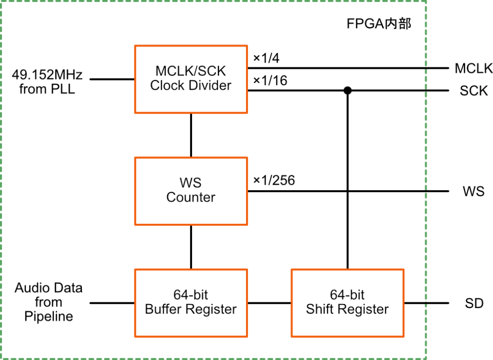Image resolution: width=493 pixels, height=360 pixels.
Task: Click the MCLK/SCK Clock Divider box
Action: (x=191, y=79)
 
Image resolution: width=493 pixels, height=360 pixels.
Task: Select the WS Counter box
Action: (x=191, y=191)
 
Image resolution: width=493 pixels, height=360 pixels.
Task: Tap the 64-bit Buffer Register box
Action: (x=191, y=302)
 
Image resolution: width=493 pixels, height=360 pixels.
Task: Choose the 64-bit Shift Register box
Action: (x=347, y=302)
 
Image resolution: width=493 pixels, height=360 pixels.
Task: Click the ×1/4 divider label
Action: (x=266, y=58)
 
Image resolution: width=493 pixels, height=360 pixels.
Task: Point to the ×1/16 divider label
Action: (x=270, y=81)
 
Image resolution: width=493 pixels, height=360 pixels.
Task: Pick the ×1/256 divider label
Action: (x=274, y=180)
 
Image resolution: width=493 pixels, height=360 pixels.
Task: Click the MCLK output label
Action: (x=474, y=68)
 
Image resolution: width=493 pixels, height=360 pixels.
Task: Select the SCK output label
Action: (x=474, y=90)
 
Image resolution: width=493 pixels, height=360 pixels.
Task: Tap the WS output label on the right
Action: (x=474, y=191)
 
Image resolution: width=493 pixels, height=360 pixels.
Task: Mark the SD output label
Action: (x=474, y=303)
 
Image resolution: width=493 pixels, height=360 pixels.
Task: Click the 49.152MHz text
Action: (x=47, y=75)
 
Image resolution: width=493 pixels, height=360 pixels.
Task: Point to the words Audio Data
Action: (x=49, y=288)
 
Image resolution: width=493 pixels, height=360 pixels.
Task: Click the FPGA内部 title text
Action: (x=379, y=24)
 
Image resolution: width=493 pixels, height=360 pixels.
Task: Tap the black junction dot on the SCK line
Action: (x=347, y=90)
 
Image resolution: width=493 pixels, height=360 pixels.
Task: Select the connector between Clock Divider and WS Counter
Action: (x=191, y=135)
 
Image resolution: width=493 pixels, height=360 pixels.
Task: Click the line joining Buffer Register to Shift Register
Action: (x=269, y=303)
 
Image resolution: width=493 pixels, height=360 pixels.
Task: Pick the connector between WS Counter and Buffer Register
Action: (x=191, y=246)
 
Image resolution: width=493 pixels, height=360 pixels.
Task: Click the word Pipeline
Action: (x=49, y=317)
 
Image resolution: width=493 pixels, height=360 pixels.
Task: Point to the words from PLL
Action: (x=47, y=89)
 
